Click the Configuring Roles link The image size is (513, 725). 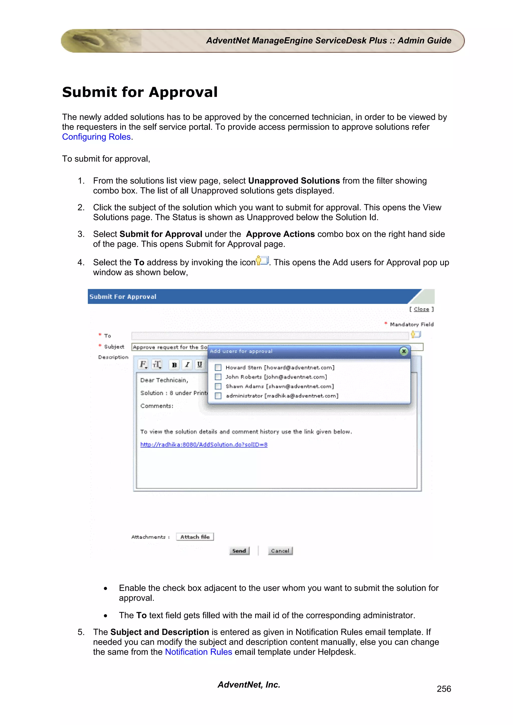pos(96,137)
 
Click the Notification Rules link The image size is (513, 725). pos(198,652)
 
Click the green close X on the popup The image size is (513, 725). pos(404,351)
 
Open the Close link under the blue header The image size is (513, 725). pos(421,309)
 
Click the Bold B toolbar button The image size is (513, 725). pos(174,365)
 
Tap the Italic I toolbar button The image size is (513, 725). pos(187,365)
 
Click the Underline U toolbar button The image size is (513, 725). pos(199,365)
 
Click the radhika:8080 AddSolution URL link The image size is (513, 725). pos(204,445)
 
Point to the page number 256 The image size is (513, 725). pos(444,689)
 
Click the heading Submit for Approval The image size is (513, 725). pos(140,92)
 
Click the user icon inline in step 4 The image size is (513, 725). pos(262,261)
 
